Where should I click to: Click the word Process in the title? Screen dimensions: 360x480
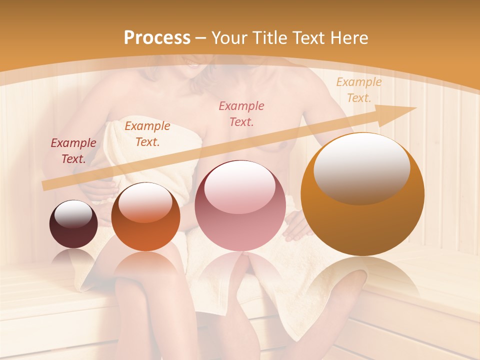pos(157,38)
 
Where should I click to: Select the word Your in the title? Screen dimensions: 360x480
pos(228,38)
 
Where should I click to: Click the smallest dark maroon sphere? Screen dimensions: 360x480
pos(73,224)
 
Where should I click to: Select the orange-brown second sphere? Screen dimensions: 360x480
pos(145,217)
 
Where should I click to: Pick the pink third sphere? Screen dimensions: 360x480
pos(239,205)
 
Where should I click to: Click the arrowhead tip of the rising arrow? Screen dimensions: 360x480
pos(415,108)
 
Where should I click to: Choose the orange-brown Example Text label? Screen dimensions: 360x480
pos(147,134)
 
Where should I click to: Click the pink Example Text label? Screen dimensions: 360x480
pos(241,113)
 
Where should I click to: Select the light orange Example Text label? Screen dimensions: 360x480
pos(358,90)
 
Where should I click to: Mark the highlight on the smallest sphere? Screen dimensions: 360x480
pos(73,213)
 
